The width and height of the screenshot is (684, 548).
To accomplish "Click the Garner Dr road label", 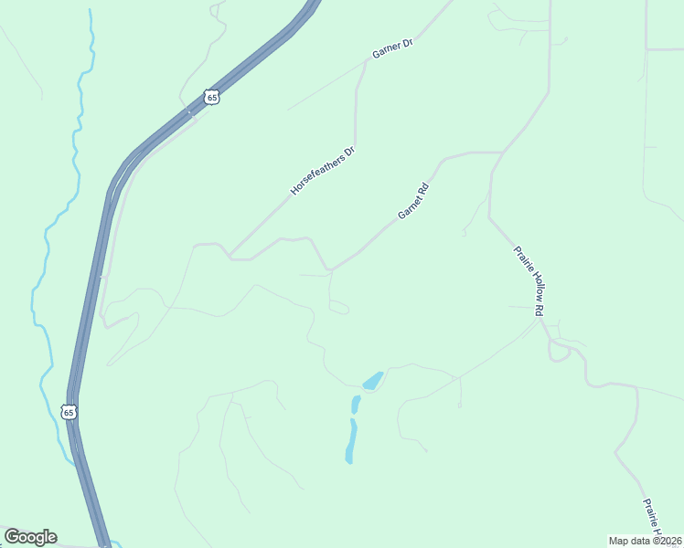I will click(x=393, y=49).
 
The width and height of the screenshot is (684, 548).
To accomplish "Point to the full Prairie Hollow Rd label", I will click(x=529, y=280).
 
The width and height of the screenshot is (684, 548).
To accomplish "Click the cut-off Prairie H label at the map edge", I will click(x=653, y=518).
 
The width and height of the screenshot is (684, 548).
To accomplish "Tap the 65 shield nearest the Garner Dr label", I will click(x=212, y=96).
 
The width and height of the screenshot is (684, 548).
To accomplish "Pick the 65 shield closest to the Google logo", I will click(x=69, y=412).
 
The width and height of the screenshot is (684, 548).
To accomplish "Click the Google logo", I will click(x=30, y=537).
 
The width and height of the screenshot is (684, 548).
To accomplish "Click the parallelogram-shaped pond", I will click(x=373, y=380).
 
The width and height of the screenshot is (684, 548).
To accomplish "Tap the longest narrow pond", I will click(x=351, y=441).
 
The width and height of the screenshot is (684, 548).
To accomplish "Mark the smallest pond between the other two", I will click(x=355, y=403).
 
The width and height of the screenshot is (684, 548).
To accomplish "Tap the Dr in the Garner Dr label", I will click(x=408, y=42).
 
